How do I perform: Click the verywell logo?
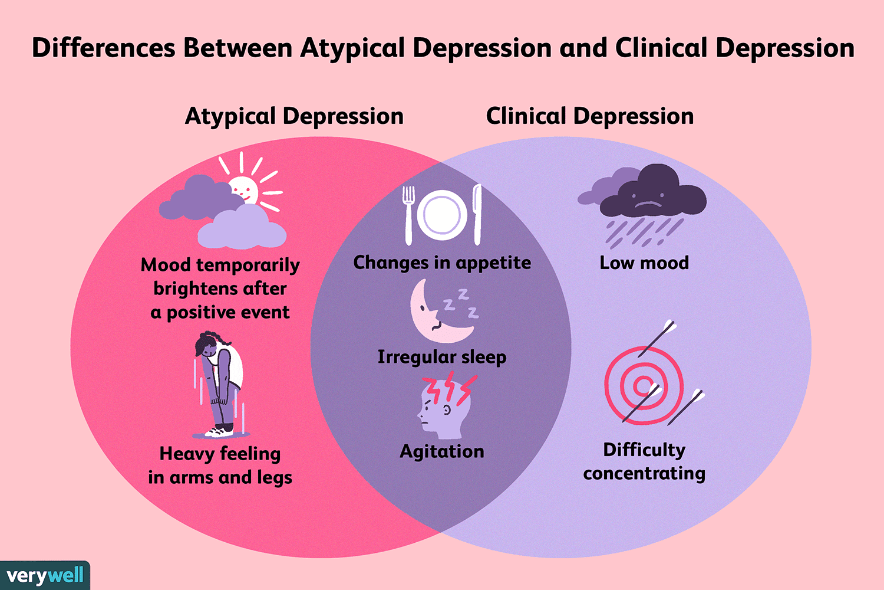(x=45, y=575)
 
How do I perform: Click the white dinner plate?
(x=442, y=215)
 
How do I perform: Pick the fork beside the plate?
(x=408, y=215)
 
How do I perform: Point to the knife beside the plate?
(x=477, y=215)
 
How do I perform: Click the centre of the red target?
(x=644, y=385)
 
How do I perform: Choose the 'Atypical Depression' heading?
(x=295, y=116)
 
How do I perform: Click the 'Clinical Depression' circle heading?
(x=589, y=116)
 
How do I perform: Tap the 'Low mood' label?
(x=644, y=263)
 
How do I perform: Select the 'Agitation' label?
(x=442, y=452)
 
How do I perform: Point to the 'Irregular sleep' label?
(x=442, y=357)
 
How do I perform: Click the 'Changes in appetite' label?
(x=442, y=263)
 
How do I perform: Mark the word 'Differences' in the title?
(x=103, y=48)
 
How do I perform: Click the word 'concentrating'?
(x=644, y=473)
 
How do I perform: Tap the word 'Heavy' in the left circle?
(x=187, y=454)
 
